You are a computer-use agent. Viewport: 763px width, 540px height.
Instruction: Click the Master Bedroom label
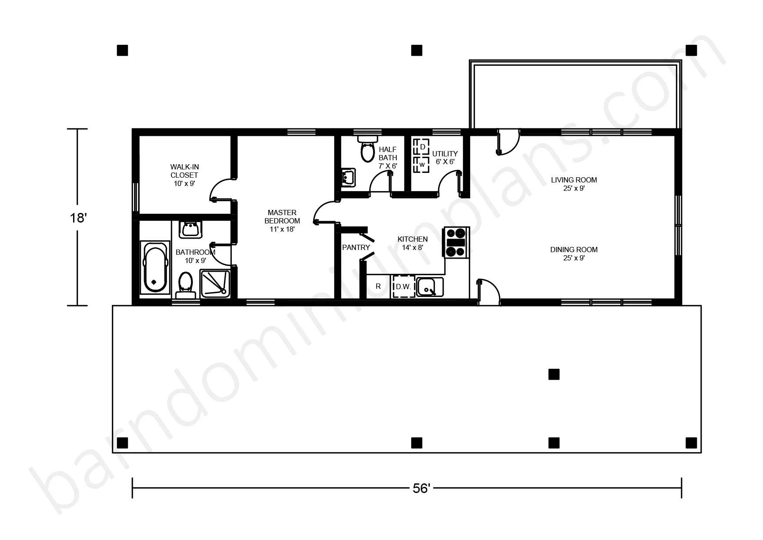click(x=282, y=221)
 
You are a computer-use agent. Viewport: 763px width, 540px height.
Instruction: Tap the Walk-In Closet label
click(x=184, y=175)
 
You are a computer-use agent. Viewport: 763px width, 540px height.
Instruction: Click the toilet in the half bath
click(x=368, y=148)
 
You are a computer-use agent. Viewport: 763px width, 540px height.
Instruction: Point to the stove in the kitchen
click(x=455, y=243)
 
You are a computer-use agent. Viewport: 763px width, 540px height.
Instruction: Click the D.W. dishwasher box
click(x=404, y=287)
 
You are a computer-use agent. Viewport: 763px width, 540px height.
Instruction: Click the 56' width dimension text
click(x=421, y=489)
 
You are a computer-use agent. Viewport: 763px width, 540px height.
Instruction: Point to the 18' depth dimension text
click(x=78, y=218)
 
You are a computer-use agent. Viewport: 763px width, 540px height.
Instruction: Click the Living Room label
click(x=574, y=184)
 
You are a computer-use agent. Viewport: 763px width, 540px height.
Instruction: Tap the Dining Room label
click(x=574, y=253)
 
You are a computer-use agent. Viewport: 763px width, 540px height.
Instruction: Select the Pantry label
click(x=356, y=247)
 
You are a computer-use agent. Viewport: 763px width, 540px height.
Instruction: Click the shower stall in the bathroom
click(x=215, y=283)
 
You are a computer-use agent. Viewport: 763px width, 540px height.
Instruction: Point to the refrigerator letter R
click(x=378, y=286)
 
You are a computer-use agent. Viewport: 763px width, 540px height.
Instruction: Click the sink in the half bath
click(x=348, y=178)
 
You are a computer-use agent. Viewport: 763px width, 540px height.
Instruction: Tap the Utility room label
click(x=445, y=158)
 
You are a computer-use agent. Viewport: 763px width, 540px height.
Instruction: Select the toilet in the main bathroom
click(x=186, y=285)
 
